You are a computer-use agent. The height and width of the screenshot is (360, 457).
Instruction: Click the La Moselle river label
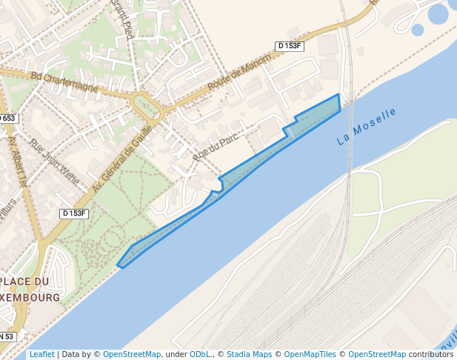pyautogui.click(x=366, y=126)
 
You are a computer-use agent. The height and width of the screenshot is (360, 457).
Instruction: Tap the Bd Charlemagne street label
pyautogui.click(x=64, y=81)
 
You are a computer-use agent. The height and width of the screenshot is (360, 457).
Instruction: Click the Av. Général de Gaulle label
pyautogui.click(x=122, y=159)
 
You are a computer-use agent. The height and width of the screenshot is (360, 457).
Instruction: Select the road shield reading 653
pyautogui.click(x=7, y=119)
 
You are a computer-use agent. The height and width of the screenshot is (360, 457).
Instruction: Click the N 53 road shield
pyautogui.click(x=6, y=336)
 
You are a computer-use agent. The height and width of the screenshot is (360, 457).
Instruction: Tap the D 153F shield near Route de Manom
pyautogui.click(x=290, y=46)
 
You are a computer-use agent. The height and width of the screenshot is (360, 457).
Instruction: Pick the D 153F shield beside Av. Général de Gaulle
pyautogui.click(x=74, y=213)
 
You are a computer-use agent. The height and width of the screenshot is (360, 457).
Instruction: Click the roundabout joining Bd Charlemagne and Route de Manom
pyautogui.click(x=147, y=107)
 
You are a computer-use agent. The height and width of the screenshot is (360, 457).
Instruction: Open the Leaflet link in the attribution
pyautogui.click(x=42, y=354)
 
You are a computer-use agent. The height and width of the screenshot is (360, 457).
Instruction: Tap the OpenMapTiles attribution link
pyautogui.click(x=309, y=354)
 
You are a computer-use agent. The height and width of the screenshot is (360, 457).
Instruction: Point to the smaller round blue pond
pyautogui.click(x=418, y=30)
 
